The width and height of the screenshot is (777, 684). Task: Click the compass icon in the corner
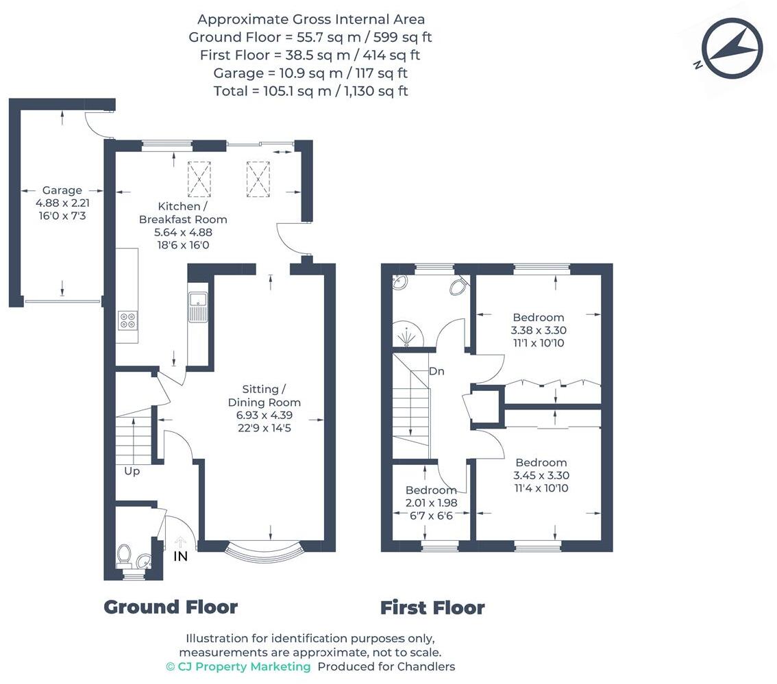tap(732, 47)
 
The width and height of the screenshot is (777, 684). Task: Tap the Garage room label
tap(62, 190)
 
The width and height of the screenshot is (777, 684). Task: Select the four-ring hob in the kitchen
tap(127, 320)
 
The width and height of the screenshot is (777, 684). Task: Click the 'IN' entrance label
tap(180, 557)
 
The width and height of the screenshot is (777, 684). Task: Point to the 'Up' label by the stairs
tap(132, 471)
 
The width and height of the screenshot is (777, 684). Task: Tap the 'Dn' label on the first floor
tap(437, 372)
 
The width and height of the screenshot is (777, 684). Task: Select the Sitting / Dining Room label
tap(264, 396)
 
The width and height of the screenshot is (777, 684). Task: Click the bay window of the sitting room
tap(264, 547)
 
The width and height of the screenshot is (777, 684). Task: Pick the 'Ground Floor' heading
tap(171, 607)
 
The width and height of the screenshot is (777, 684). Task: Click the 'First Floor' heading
tap(432, 607)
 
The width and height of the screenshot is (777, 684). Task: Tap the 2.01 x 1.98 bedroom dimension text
tap(431, 503)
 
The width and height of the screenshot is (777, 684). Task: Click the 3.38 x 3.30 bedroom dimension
tap(539, 330)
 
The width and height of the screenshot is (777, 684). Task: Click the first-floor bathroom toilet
tap(458, 287)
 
